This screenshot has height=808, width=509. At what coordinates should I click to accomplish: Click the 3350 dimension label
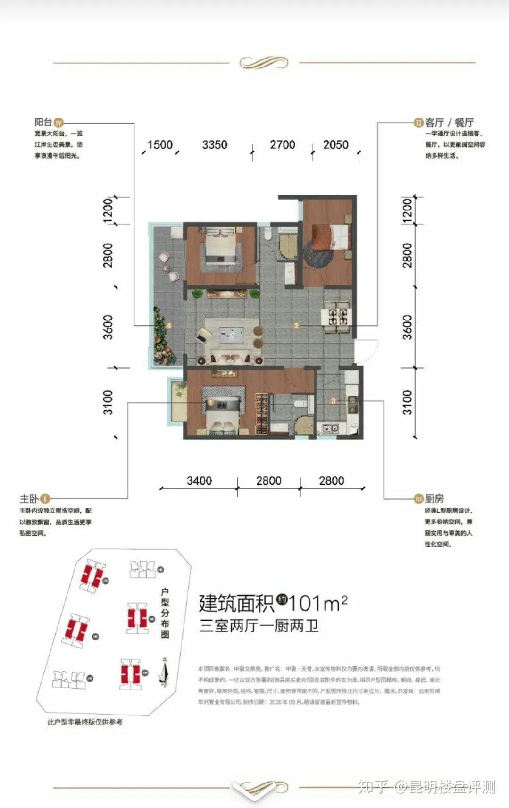point(215,144)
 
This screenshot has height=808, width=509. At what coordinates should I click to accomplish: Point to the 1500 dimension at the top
point(160,144)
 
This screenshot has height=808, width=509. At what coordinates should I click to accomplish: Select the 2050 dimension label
point(335,144)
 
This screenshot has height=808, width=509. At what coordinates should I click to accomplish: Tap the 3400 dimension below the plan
point(199,480)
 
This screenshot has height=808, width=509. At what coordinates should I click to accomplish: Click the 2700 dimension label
point(282,144)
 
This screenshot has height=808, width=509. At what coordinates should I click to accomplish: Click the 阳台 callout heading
point(43,122)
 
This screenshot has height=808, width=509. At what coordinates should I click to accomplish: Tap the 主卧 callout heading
point(29,498)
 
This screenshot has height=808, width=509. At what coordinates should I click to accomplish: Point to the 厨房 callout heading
point(434,498)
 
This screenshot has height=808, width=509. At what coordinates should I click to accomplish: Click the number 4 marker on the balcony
point(168,325)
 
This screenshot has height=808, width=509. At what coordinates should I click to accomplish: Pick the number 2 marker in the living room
point(296,325)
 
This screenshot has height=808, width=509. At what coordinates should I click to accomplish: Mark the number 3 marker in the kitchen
point(333,401)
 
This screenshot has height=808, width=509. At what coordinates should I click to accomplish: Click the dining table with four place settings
point(337,315)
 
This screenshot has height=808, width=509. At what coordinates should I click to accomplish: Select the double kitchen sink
point(330,429)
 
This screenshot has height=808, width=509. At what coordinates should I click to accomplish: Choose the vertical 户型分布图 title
point(165,613)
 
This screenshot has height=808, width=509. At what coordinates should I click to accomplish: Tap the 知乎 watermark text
point(373,787)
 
